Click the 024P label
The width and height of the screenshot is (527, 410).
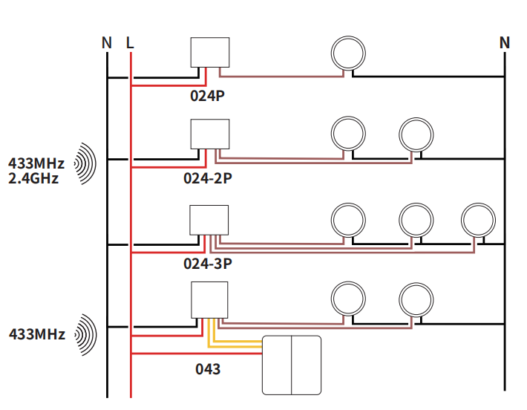click(x=209, y=97)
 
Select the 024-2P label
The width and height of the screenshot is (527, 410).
click(x=209, y=179)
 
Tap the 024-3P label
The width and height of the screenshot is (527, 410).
click(x=209, y=263)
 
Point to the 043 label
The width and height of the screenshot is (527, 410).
click(x=208, y=368)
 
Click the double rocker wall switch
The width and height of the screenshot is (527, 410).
click(x=292, y=365)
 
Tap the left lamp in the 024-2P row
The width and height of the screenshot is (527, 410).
click(x=348, y=134)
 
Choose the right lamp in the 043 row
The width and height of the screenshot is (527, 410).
click(x=416, y=300)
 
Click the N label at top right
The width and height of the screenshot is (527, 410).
click(x=505, y=43)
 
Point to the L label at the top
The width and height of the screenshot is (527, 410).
click(x=131, y=43)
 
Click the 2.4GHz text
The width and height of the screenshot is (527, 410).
click(x=33, y=178)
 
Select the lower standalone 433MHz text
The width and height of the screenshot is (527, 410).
click(x=36, y=334)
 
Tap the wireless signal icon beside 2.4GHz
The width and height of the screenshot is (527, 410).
click(x=87, y=163)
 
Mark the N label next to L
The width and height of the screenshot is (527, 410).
click(x=107, y=43)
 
